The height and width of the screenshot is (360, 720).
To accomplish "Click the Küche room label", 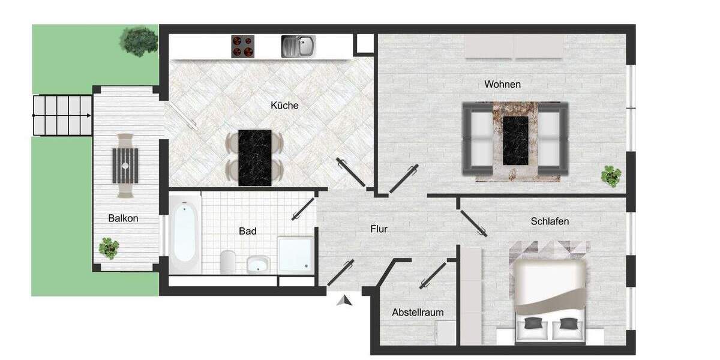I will [x=284, y=105].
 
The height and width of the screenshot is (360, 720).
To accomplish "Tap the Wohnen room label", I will [x=502, y=84].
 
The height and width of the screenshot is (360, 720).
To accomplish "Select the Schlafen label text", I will [x=550, y=221].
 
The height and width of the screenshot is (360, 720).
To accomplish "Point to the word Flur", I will [x=379, y=229].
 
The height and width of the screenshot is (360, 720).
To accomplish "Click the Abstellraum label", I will [x=418, y=313].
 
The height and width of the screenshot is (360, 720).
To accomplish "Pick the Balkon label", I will [x=123, y=218].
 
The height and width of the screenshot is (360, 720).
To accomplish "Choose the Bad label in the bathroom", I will [x=247, y=231].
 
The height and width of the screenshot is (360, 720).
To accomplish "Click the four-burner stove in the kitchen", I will [x=243, y=46].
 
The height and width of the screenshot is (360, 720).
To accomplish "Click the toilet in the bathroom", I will [x=228, y=262].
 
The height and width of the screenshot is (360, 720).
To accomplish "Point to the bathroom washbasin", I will [x=259, y=264].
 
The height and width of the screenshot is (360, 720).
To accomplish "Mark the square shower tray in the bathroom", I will [x=295, y=254].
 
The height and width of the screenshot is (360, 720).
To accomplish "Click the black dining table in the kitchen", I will [x=254, y=157].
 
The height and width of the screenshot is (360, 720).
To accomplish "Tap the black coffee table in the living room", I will [x=515, y=140].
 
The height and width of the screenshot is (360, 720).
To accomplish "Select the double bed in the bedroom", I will [x=550, y=294].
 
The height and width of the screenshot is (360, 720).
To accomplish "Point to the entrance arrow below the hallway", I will [x=344, y=301].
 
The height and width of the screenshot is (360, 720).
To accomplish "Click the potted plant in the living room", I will [x=611, y=176].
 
